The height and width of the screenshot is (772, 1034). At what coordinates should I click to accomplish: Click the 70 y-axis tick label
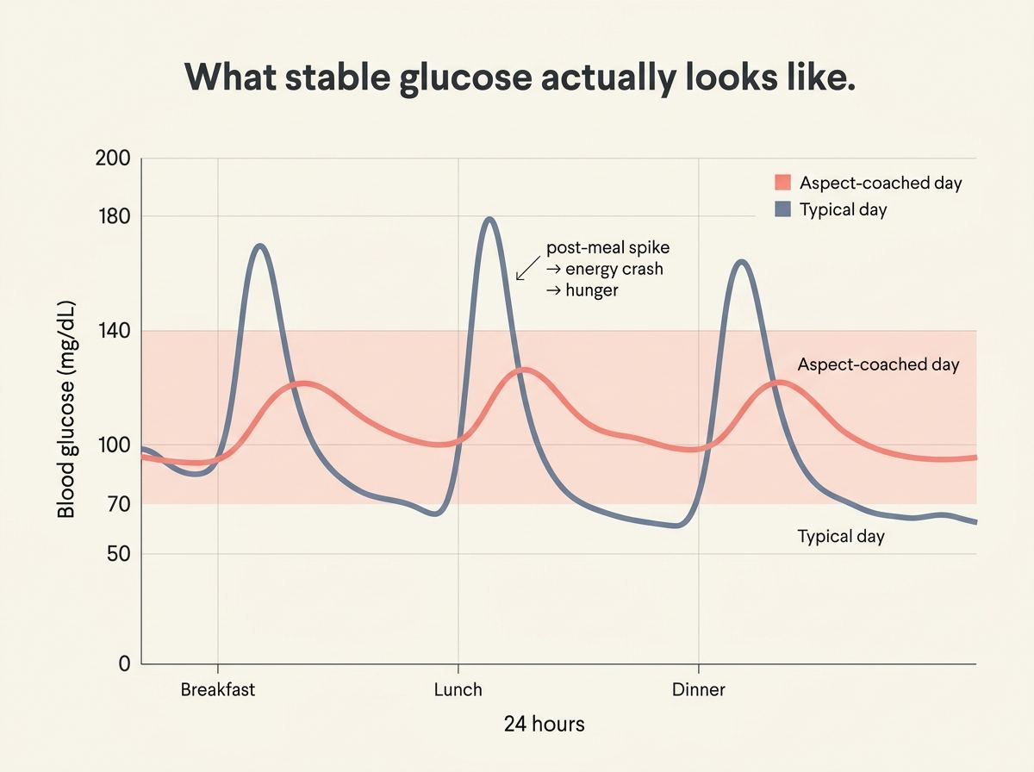click(118, 504)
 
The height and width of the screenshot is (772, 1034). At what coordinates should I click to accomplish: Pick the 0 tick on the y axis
click(124, 664)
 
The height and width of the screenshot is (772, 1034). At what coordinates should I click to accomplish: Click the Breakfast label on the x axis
click(218, 690)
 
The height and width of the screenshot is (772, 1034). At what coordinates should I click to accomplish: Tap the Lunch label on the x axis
click(458, 690)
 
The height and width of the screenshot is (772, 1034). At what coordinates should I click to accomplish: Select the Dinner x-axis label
click(698, 690)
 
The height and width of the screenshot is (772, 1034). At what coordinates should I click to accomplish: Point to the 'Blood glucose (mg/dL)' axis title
click(66, 410)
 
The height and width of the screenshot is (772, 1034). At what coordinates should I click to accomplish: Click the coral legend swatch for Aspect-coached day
click(782, 183)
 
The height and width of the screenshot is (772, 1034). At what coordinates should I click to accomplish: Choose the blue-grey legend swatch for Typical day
click(782, 209)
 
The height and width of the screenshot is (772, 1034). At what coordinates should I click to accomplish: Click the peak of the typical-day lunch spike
click(489, 219)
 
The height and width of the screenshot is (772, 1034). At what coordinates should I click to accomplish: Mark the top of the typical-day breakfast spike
click(260, 246)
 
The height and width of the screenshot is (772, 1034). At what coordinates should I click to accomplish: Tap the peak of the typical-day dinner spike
click(742, 262)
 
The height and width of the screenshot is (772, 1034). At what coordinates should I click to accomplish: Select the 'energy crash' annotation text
click(614, 269)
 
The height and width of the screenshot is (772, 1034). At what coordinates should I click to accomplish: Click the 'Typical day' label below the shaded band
click(841, 537)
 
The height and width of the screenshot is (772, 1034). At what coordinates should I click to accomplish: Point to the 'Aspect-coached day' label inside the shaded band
click(878, 364)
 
